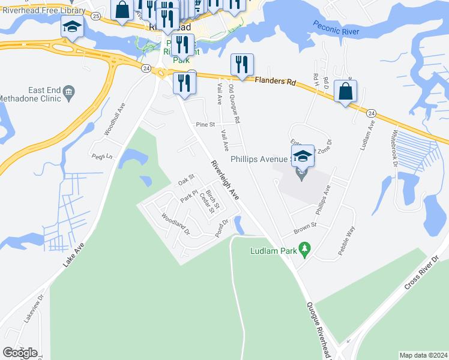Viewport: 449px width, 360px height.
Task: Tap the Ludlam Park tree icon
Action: tap(304, 248)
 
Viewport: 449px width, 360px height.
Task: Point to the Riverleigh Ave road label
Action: tap(225, 180)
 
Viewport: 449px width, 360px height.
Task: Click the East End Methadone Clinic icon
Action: tap(69, 91)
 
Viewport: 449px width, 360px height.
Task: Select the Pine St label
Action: tap(205, 124)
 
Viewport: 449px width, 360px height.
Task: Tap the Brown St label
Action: tap(304, 230)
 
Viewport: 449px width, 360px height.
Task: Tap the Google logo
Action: tap(20, 353)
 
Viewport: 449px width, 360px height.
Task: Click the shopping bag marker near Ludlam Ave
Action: tap(345, 91)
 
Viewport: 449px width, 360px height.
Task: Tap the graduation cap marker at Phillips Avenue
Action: tap(303, 156)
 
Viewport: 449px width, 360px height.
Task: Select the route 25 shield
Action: tap(97, 16)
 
